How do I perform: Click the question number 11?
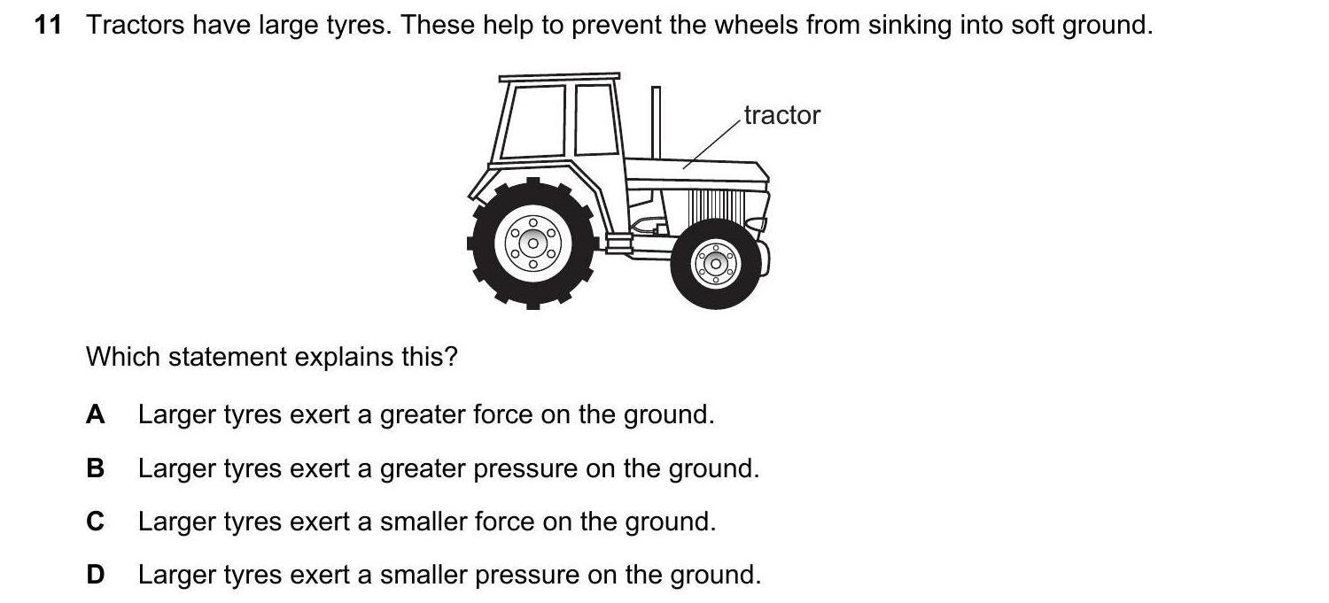point(48,25)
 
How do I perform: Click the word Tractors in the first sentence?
point(135,25)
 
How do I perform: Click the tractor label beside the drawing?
point(782,115)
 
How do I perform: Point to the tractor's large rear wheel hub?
point(532,244)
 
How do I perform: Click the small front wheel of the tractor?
point(716,264)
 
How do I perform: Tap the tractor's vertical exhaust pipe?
point(656,123)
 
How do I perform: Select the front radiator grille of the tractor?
point(716,205)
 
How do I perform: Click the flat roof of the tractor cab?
point(559,77)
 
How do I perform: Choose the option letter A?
point(96,414)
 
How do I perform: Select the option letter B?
point(95,468)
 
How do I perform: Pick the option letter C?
point(96,522)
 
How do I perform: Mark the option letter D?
point(96,575)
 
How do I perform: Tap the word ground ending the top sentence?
point(1107,26)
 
